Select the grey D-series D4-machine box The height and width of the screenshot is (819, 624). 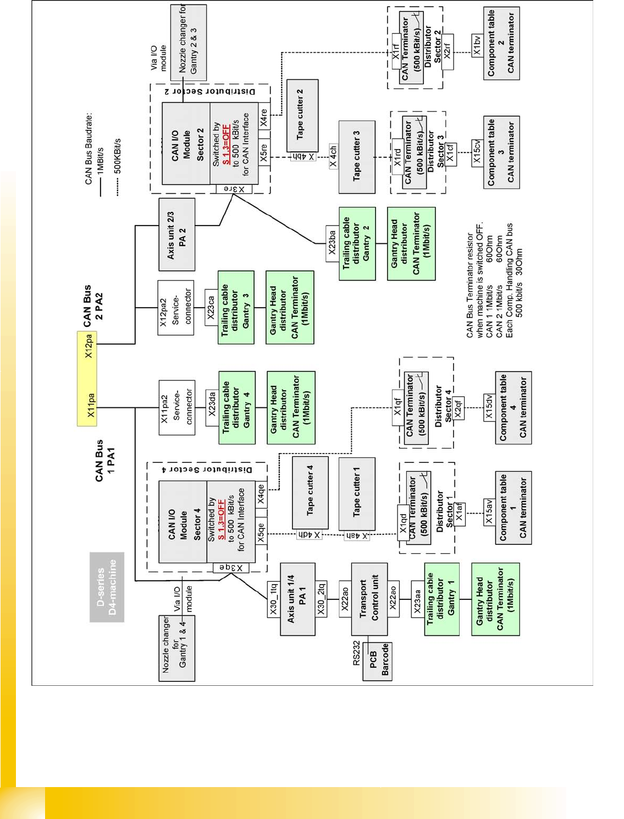(107, 587)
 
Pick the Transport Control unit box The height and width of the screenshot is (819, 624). (369, 598)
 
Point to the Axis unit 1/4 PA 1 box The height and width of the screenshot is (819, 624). (297, 599)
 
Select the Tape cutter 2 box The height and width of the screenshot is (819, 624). (302, 115)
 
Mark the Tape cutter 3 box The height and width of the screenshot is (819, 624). (357, 156)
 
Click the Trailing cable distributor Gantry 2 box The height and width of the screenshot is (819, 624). (357, 243)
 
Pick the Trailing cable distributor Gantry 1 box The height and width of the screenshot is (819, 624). (441, 598)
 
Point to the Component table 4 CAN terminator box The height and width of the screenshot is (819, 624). (513, 407)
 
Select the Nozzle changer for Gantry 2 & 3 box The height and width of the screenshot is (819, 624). (189, 43)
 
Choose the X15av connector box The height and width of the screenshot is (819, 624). (489, 511)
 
